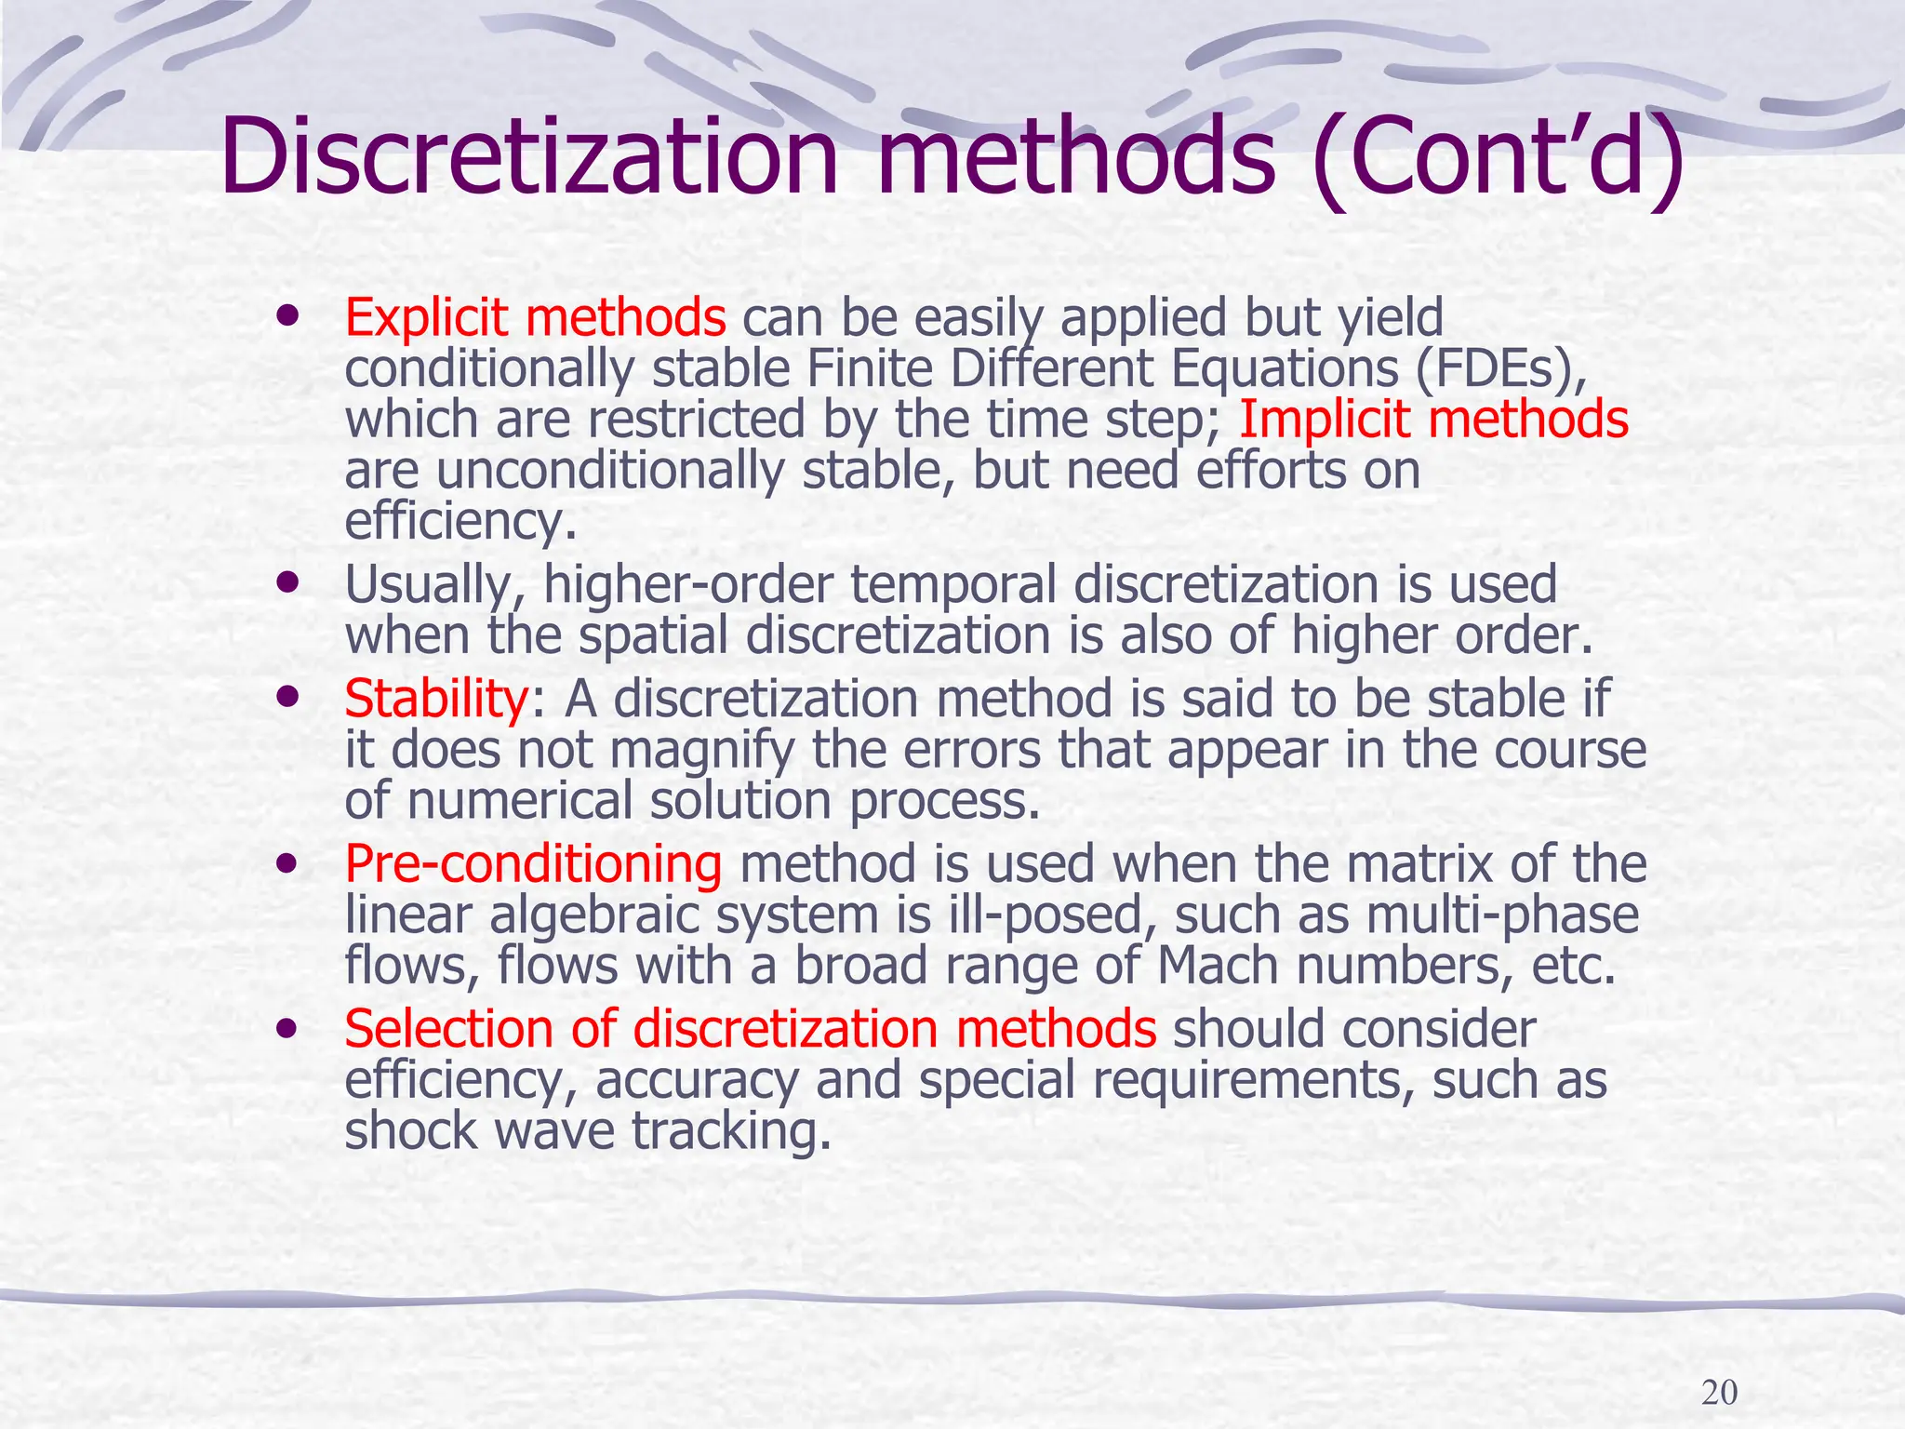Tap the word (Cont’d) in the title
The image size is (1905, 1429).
point(1498,158)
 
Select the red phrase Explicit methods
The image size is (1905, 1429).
point(535,317)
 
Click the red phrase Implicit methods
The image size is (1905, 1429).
point(1433,420)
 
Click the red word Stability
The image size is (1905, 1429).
point(435,699)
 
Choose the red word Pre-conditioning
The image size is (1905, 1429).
point(533,864)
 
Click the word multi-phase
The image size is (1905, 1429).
point(1501,915)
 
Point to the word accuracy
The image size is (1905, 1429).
point(696,1081)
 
